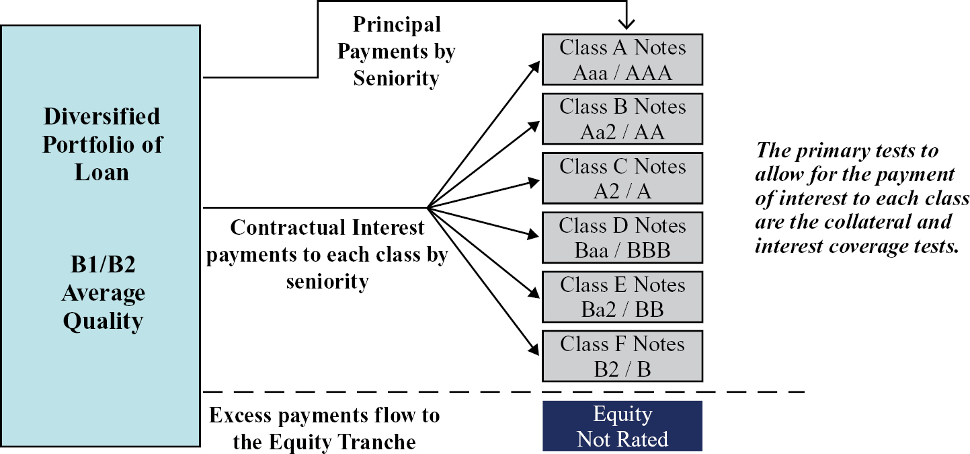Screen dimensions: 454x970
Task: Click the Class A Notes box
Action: pos(622,59)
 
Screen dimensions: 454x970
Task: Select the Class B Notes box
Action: pos(622,118)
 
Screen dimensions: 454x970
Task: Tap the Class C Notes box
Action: pos(622,178)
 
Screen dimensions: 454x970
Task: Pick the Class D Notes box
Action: pos(622,237)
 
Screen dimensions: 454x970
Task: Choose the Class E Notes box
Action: pos(622,296)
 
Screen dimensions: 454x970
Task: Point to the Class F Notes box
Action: pos(622,356)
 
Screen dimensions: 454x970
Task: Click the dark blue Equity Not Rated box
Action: pos(622,426)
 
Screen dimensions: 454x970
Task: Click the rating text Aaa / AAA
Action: pos(622,73)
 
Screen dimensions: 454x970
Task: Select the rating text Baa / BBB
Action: pos(622,250)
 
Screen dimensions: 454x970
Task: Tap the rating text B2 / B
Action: pos(622,369)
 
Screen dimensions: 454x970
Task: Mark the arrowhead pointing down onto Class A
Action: pos(627,26)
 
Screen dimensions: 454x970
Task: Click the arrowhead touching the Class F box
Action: pos(536,349)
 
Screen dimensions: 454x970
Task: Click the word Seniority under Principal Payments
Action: pos(397,78)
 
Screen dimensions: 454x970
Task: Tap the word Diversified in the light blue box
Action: pos(102,116)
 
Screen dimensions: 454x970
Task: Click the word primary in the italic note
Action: pos(836,150)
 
